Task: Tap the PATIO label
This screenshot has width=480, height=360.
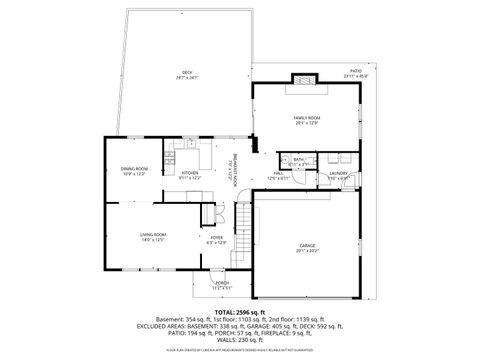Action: click(356, 71)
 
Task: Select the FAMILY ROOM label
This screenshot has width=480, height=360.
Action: click(306, 118)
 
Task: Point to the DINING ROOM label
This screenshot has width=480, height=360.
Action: click(134, 169)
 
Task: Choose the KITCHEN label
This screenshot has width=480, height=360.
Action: click(190, 173)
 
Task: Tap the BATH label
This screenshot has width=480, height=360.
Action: click(299, 159)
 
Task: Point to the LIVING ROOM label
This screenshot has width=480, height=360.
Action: click(153, 234)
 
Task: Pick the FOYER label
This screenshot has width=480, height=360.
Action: click(216, 237)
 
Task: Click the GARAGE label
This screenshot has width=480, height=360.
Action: click(307, 245)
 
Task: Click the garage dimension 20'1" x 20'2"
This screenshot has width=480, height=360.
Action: click(307, 250)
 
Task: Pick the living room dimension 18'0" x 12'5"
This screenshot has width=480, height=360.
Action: click(153, 240)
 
